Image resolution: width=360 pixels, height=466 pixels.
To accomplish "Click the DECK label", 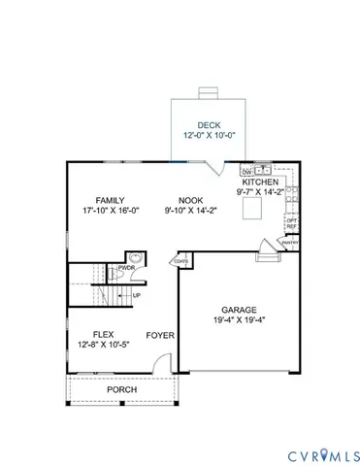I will coord(210,125).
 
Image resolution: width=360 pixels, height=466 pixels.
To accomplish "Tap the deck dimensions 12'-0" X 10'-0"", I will coord(210,137).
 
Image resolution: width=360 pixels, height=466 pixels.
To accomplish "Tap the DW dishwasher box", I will coord(246,169).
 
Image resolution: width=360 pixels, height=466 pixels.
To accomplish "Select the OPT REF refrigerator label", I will coord(291,223).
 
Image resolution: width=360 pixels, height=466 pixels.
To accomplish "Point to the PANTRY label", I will coord(289,244).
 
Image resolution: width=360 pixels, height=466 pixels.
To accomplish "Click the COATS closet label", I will coord(181,260).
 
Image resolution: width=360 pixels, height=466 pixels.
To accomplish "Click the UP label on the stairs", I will coord(137,295).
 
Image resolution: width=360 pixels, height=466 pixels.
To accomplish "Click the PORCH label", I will coord(121,389).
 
